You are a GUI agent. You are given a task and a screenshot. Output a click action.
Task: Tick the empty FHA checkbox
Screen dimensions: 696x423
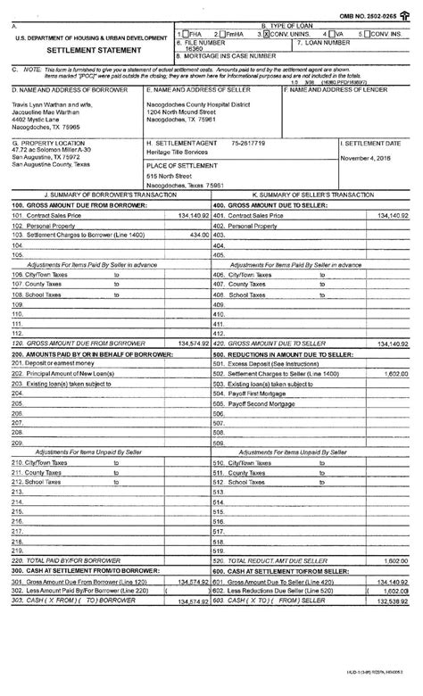click(x=185, y=33)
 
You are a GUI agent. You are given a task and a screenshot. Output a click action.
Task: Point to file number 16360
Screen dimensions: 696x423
click(x=195, y=50)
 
